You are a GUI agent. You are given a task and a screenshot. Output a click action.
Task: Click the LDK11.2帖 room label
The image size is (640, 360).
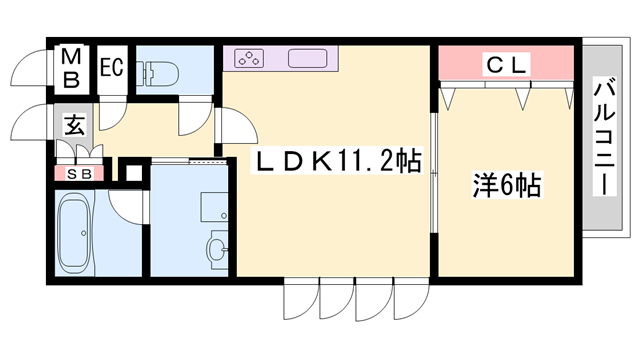(x=334, y=161)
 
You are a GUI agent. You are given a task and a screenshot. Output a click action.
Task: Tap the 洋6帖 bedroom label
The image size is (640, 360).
(x=507, y=185)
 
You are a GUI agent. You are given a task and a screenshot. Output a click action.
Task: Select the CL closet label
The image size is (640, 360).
(x=507, y=66)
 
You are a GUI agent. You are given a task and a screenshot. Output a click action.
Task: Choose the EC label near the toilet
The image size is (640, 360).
(x=111, y=68)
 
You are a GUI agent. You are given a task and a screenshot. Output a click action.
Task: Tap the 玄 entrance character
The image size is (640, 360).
(x=74, y=126)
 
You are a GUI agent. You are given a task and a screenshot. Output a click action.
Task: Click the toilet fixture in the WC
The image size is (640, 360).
(x=160, y=72)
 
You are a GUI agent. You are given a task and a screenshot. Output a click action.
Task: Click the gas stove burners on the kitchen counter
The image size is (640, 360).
(x=249, y=58)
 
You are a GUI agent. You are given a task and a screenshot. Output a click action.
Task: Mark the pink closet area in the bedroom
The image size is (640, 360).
(x=507, y=66)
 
